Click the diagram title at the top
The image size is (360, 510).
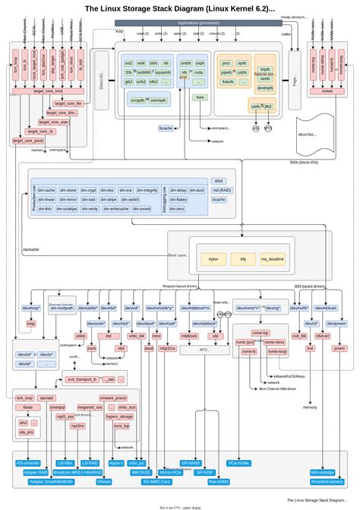tap(179, 8)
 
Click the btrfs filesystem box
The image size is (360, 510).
tap(154, 63)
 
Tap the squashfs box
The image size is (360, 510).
tap(163, 71)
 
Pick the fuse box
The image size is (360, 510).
tap(200, 97)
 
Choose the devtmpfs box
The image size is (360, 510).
tap(265, 88)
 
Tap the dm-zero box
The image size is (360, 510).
tap(175, 208)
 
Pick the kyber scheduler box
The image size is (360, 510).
tap(213, 259)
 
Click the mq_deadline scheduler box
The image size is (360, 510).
tap(272, 259)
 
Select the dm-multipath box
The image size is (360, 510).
tap(62, 308)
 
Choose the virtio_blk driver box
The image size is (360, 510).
tap(137, 335)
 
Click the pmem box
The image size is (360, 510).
tap(339, 348)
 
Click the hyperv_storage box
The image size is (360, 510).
tap(119, 417)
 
